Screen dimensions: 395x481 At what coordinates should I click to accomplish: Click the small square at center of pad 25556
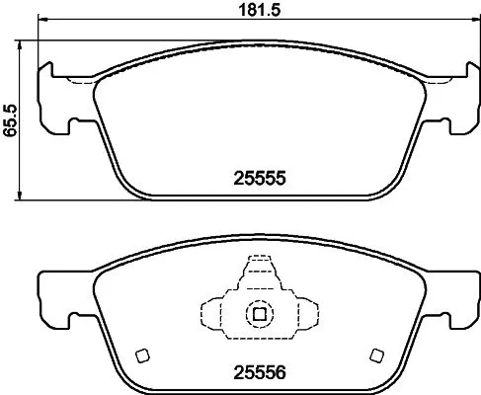point(259,314)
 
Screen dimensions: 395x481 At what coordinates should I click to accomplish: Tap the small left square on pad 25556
point(142,356)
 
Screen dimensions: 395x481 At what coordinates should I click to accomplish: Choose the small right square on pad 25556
point(374,356)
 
